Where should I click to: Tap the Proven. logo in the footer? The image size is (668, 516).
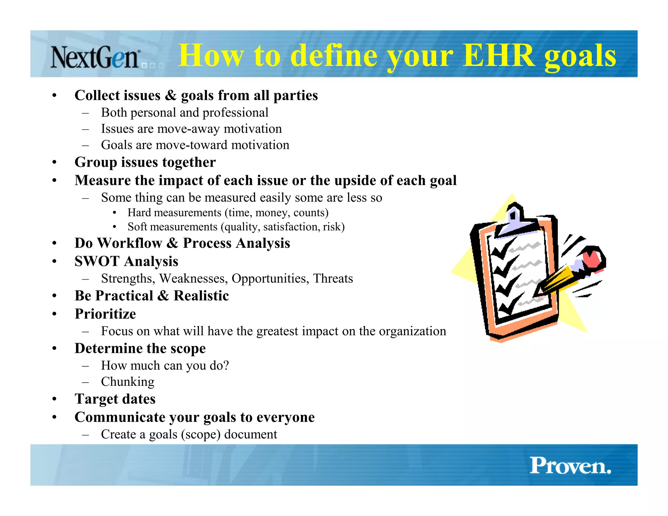(570, 465)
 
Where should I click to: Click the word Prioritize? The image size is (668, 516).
(105, 314)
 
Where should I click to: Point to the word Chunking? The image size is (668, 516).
(128, 382)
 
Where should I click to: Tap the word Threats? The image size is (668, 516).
(333, 279)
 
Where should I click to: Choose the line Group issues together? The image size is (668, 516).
(145, 162)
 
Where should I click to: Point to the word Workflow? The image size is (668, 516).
(129, 243)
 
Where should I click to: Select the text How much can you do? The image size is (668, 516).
(165, 366)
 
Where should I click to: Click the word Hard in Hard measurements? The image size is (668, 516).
(139, 213)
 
